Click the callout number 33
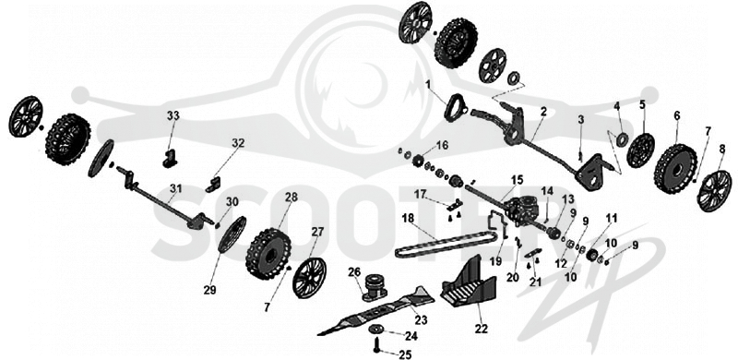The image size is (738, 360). (x=173, y=115)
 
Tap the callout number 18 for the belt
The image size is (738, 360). (x=409, y=218)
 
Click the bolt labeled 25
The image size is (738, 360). (x=377, y=346)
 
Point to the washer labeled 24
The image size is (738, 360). (x=376, y=328)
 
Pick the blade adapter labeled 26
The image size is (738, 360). (x=375, y=287)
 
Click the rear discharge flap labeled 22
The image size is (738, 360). (x=470, y=282)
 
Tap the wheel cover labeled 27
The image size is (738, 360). (x=309, y=278)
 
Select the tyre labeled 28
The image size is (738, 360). (x=268, y=254)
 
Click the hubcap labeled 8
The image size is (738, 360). (x=714, y=191)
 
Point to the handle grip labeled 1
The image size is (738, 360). (x=455, y=108)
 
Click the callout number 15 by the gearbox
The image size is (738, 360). (x=518, y=179)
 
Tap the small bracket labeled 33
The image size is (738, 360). (x=170, y=159)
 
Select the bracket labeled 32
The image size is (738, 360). (x=214, y=185)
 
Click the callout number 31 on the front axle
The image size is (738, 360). (x=175, y=188)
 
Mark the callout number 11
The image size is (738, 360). (x=611, y=218)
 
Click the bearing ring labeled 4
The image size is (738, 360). (x=622, y=139)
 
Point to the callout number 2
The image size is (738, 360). (x=543, y=112)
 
